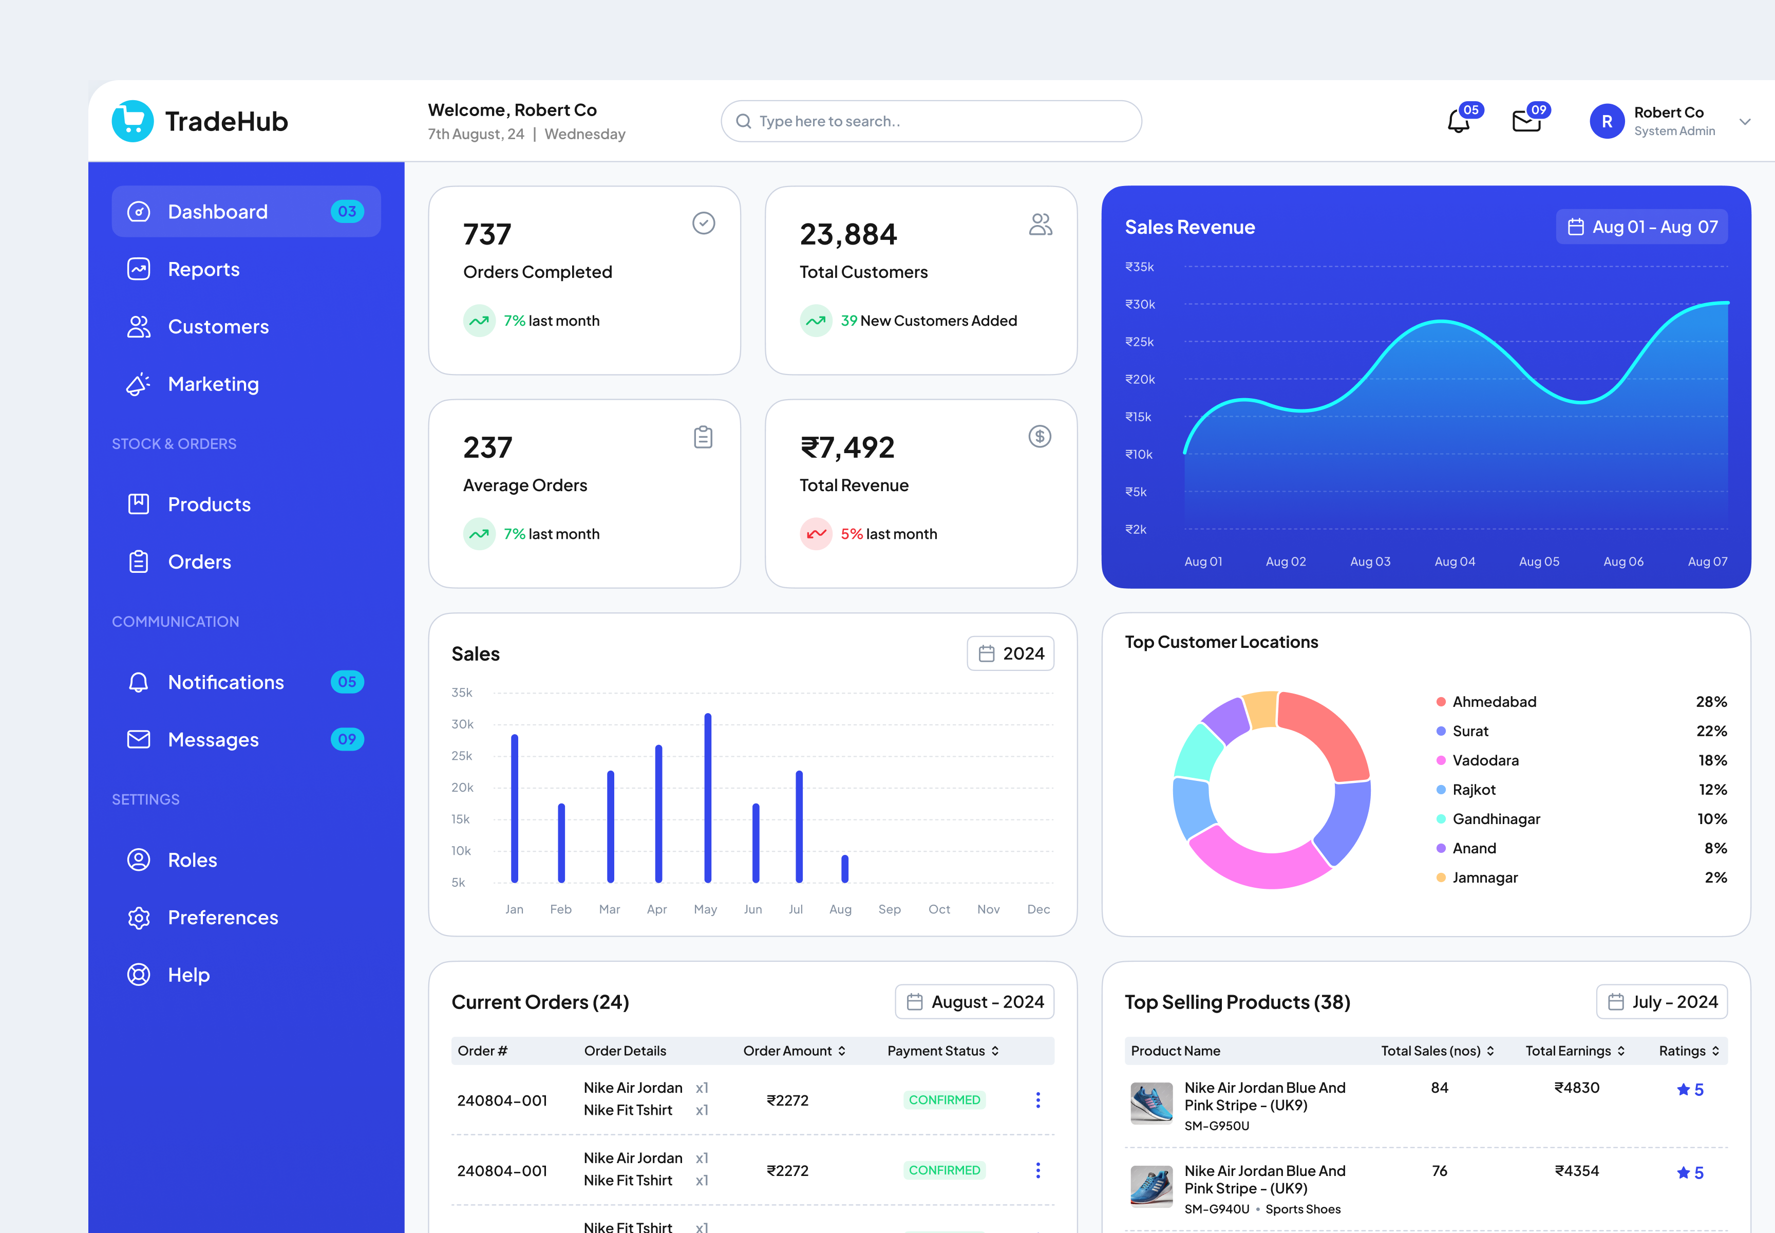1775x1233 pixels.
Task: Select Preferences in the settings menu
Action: pos(222,918)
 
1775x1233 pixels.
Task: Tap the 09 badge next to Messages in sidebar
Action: pos(347,739)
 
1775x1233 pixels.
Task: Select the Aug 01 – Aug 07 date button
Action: pos(1641,227)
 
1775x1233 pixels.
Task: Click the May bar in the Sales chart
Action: pos(708,797)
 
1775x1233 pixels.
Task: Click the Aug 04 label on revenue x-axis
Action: pos(1455,562)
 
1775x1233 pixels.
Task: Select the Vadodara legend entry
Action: pos(1485,760)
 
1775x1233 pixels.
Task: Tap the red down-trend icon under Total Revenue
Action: pos(816,534)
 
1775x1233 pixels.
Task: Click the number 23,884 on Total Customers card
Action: pos(848,235)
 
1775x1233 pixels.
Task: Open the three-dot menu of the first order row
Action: pos(1037,1100)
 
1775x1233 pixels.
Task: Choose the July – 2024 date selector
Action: pos(1661,1002)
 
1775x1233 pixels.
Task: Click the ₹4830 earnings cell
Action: pos(1576,1088)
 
